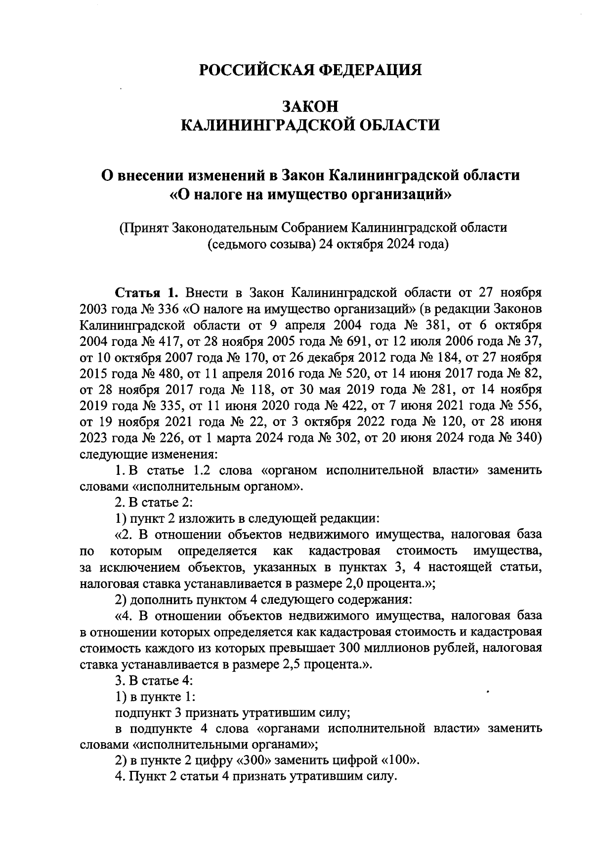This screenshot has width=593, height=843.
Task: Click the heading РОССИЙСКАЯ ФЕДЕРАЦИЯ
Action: coord(310,70)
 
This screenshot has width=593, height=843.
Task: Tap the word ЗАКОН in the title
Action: coord(310,106)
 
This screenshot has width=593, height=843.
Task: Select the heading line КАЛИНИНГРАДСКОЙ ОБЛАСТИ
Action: coord(310,125)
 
